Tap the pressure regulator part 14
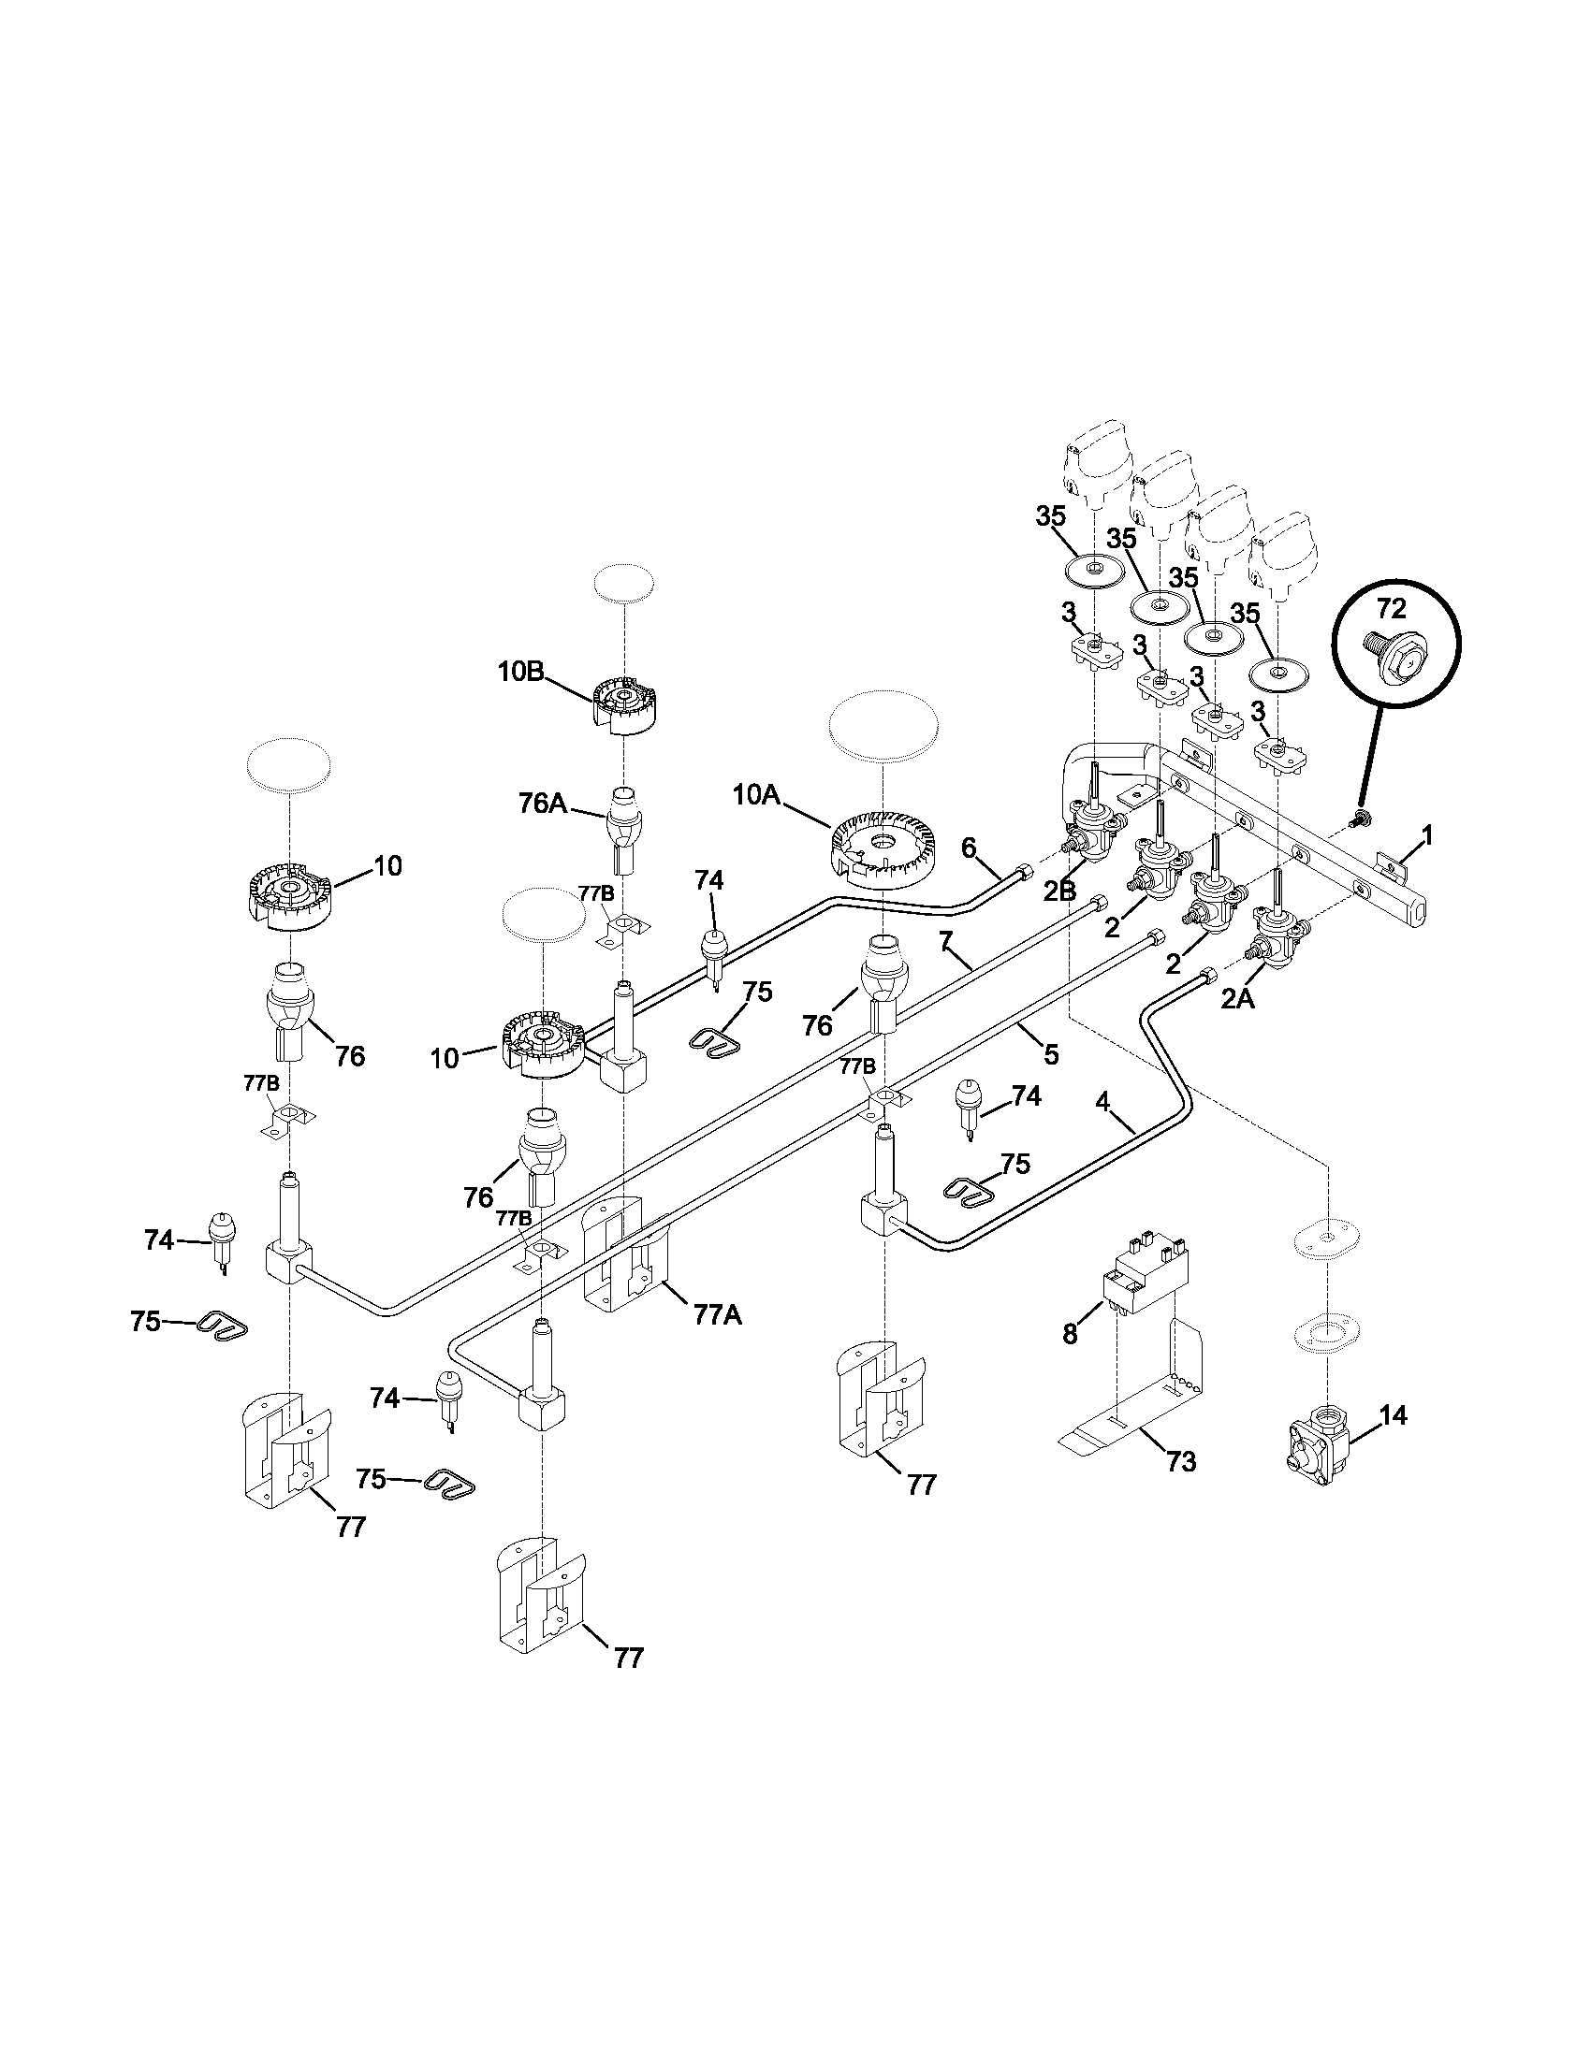click(x=1316, y=1458)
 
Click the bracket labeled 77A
click(x=718, y=1314)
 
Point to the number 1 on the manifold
click(x=1427, y=834)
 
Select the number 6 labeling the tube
click(x=969, y=848)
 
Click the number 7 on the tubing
click(x=946, y=939)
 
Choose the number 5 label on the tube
click(x=1050, y=1053)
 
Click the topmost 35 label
click(x=1051, y=515)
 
